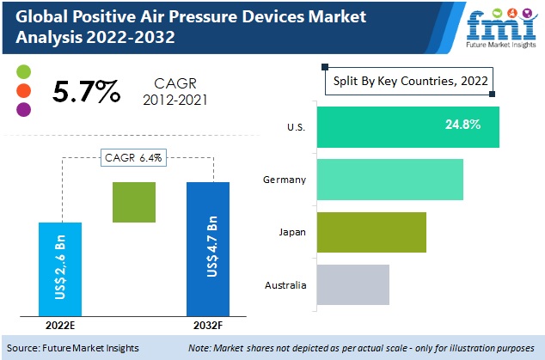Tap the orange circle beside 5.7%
pos(24,90)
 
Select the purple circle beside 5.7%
pos(24,109)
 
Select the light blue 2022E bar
pos(60,268)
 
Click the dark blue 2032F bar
pos(209,248)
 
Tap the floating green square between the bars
pos(134,203)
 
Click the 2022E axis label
pos(59,325)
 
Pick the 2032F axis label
pos(208,325)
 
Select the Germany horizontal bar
pos(389,180)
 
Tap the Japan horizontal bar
pos(371,232)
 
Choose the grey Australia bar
pos(352,284)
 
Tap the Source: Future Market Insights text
pos(77,348)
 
